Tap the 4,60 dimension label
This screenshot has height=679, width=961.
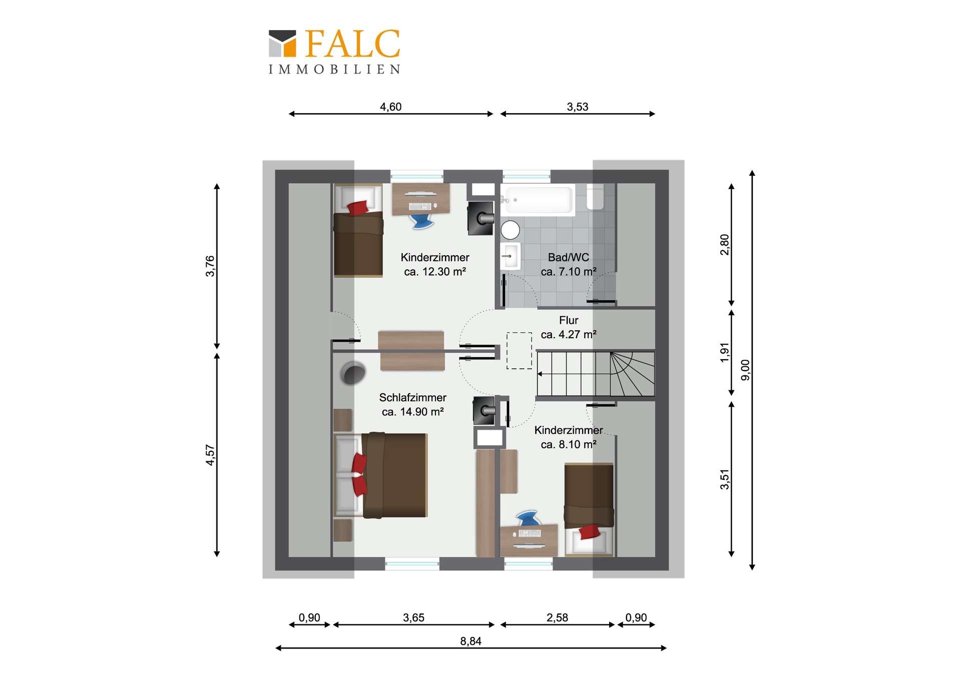pyautogui.click(x=390, y=107)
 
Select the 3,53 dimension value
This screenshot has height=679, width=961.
pyautogui.click(x=577, y=107)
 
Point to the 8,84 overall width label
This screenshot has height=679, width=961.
pyautogui.click(x=470, y=641)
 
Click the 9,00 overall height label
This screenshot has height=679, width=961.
pyautogui.click(x=745, y=370)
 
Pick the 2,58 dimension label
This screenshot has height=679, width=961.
pyautogui.click(x=557, y=617)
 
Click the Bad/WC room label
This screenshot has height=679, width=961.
pyautogui.click(x=568, y=257)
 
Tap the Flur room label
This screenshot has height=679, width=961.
pyautogui.click(x=569, y=320)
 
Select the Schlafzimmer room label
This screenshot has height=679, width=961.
pyautogui.click(x=412, y=397)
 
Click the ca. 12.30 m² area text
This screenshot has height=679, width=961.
pyautogui.click(x=435, y=272)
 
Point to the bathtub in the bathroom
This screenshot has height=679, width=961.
pyautogui.click(x=538, y=200)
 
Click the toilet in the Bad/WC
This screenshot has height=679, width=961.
pyautogui.click(x=595, y=197)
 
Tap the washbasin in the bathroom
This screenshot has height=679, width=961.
pyautogui.click(x=511, y=256)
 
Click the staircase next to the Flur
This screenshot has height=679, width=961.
pyautogui.click(x=596, y=374)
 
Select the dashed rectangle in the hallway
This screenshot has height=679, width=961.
pyautogui.click(x=519, y=351)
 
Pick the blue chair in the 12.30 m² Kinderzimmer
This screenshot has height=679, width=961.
pyautogui.click(x=421, y=221)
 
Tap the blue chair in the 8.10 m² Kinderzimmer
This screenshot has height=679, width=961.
pyautogui.click(x=528, y=518)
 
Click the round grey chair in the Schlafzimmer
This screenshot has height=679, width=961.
pyautogui.click(x=353, y=373)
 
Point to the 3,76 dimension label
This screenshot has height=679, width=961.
pyautogui.click(x=210, y=266)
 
